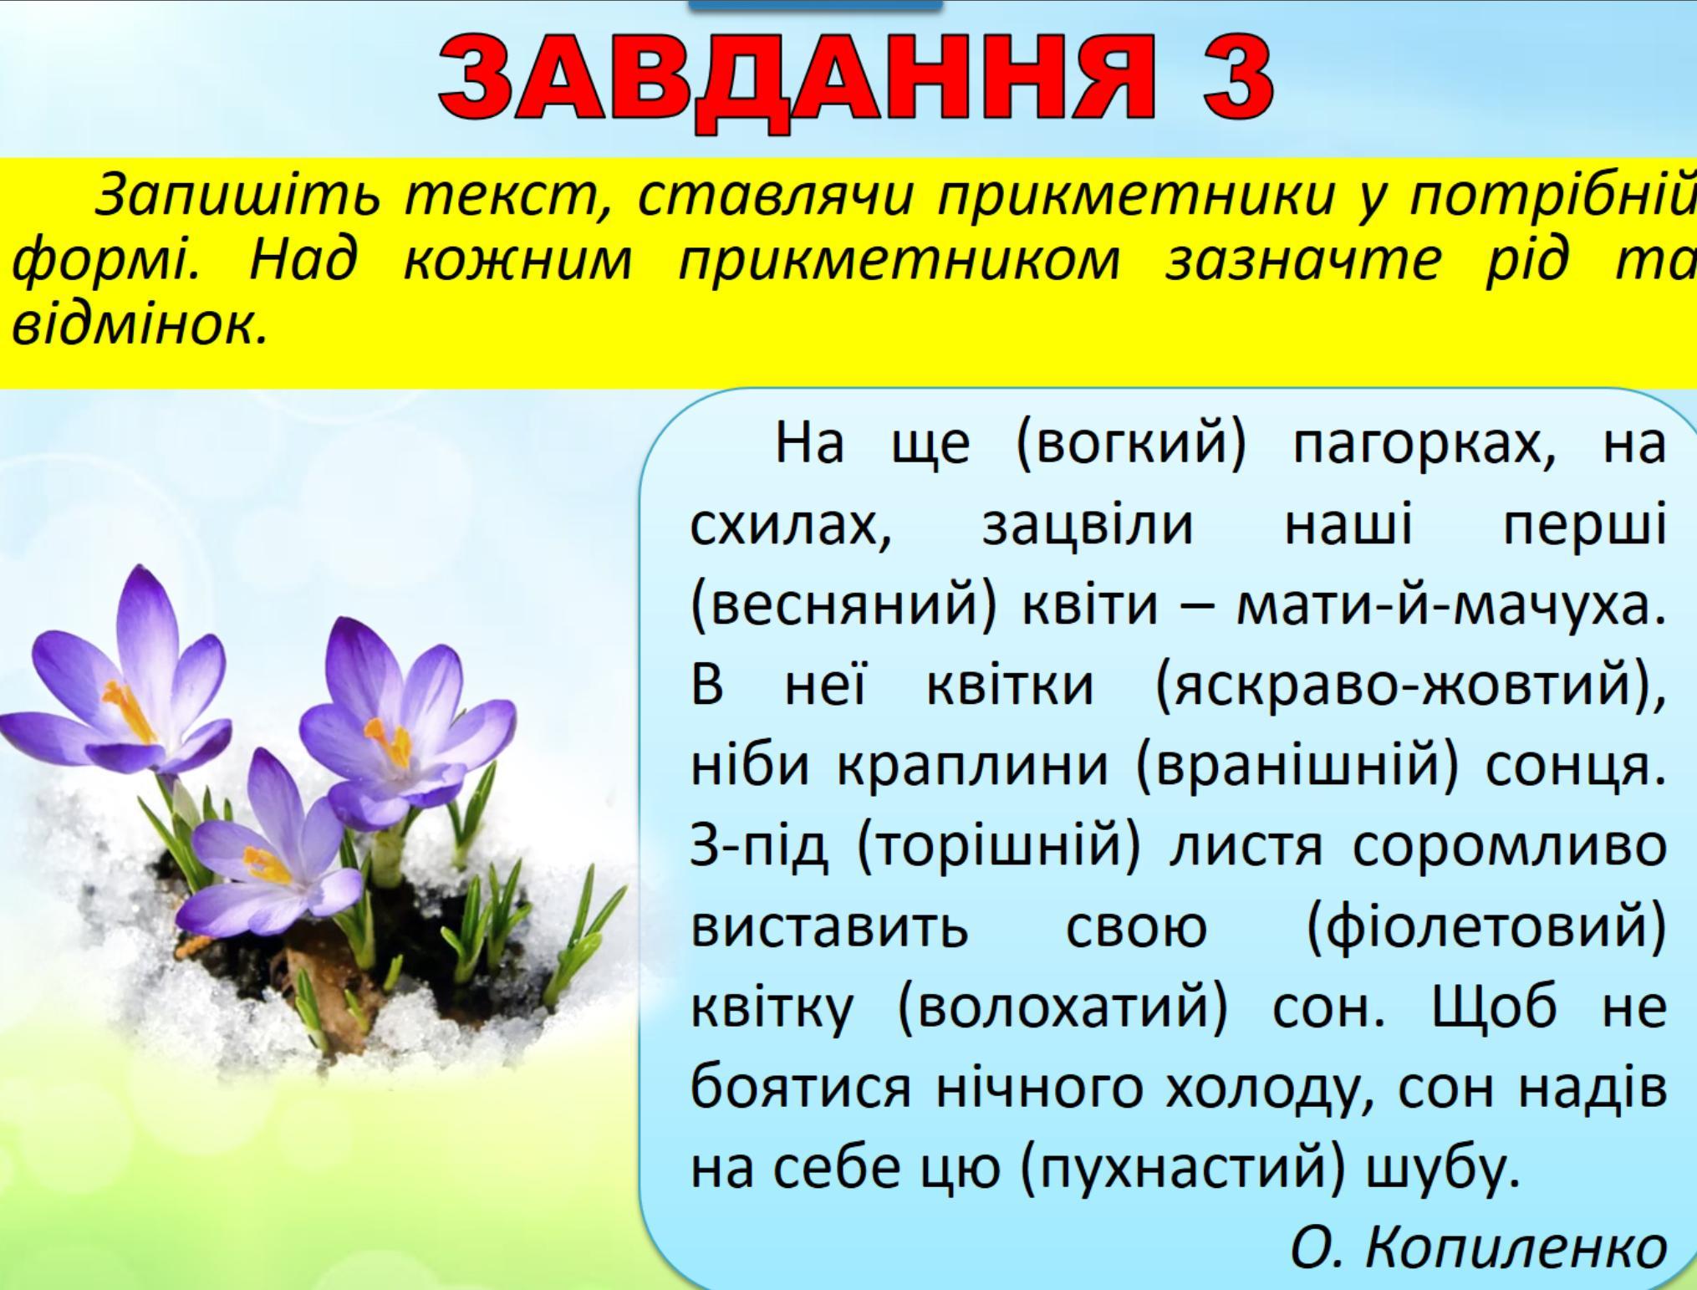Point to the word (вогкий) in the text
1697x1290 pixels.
(x=1130, y=446)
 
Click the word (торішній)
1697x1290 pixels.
(x=998, y=848)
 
